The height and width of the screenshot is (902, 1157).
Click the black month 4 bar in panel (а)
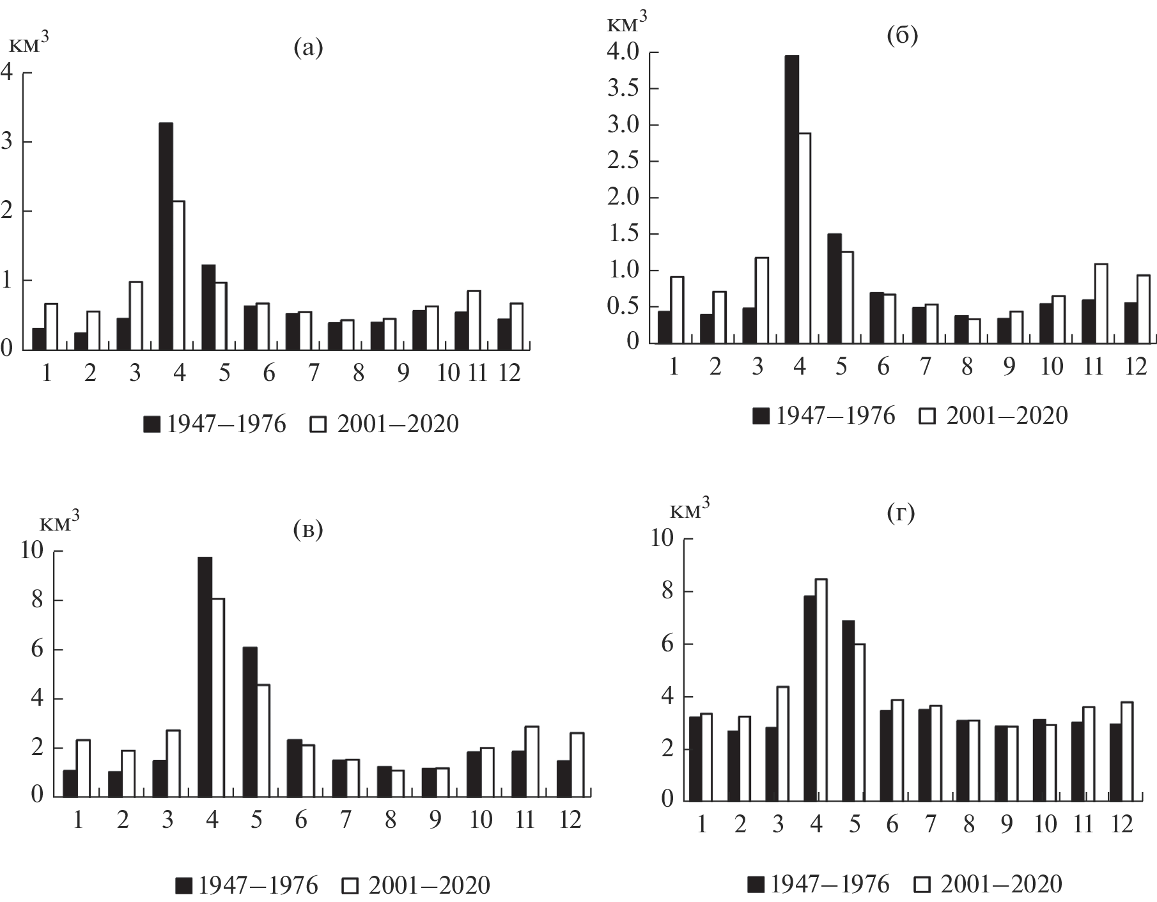[166, 236]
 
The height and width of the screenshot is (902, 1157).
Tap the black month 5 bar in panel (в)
[250, 722]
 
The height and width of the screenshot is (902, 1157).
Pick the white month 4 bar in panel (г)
[822, 690]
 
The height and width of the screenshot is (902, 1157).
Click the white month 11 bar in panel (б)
[1101, 304]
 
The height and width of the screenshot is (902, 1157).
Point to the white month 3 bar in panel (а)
[136, 316]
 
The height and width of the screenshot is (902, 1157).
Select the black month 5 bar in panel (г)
[848, 710]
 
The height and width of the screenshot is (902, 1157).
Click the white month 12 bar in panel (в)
[577, 765]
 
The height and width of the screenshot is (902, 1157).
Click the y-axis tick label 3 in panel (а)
[6, 142]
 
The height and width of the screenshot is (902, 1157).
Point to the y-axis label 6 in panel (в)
[38, 649]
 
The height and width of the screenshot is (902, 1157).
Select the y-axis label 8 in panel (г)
[667, 592]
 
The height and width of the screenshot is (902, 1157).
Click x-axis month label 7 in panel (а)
[313, 373]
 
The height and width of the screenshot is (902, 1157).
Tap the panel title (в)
[307, 529]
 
